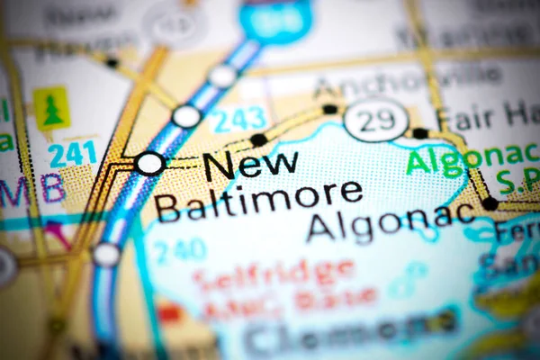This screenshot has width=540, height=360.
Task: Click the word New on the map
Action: click(250, 165)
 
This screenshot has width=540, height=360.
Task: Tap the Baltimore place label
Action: click(258, 200)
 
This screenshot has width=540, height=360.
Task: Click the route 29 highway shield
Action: click(376, 120)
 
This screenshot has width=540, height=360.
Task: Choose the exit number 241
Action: click(73, 154)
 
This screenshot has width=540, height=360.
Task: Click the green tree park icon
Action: click(51, 109)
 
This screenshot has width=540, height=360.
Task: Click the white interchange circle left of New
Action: click(150, 163)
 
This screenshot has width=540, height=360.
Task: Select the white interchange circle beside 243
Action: click(187, 116)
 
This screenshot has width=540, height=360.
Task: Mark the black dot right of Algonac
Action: click(490, 203)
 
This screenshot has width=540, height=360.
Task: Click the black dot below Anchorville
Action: click(330, 109)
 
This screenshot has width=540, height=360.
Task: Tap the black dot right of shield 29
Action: click(419, 133)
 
